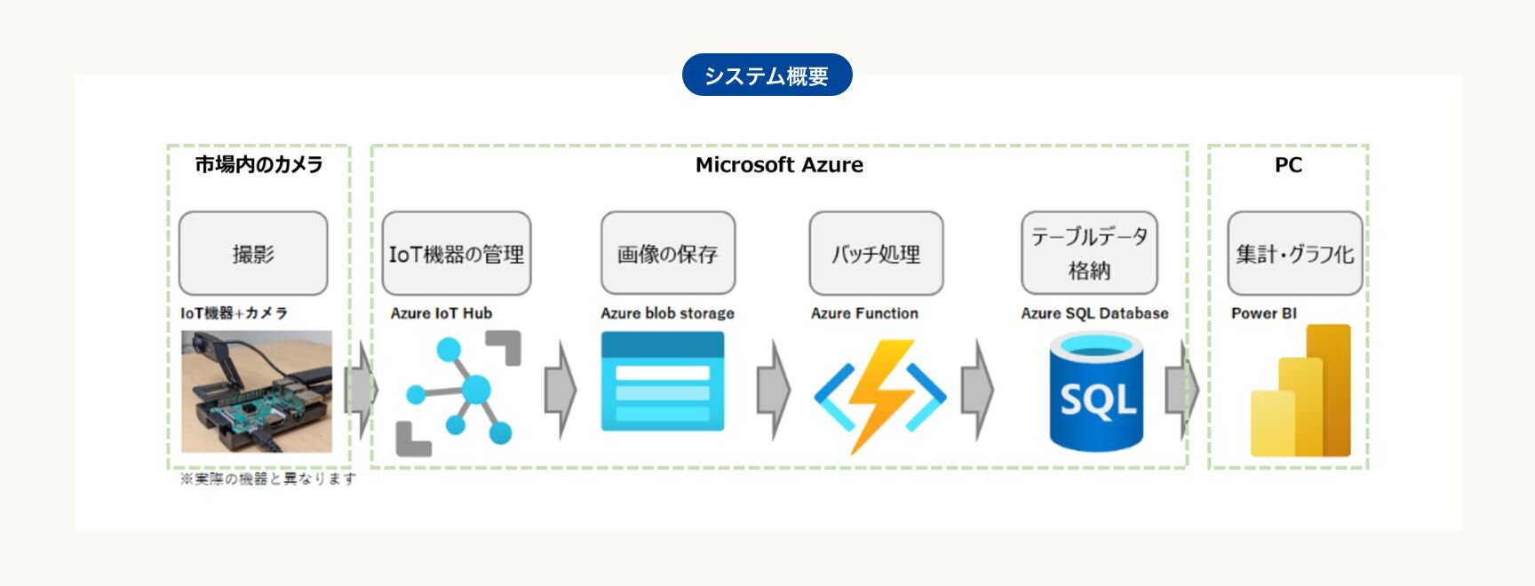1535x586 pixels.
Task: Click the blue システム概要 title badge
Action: coord(767,75)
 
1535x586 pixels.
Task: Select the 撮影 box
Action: coord(253,253)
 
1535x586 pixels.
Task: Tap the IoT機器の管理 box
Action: coord(457,253)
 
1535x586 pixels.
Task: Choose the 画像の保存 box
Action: coord(668,253)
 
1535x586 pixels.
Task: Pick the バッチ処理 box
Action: coord(876,253)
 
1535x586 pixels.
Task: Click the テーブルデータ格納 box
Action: coord(1089,253)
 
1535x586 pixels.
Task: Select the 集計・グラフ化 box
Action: coord(1295,253)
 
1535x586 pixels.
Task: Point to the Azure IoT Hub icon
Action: coord(458,392)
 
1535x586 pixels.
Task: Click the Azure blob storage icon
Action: coord(663,382)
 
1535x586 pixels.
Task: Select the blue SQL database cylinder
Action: coord(1096,392)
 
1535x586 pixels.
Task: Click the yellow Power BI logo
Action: coord(1300,391)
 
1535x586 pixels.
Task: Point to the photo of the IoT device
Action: coord(257,392)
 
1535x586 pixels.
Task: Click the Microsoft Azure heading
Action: coord(779,164)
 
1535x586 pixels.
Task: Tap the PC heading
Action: coord(1288,164)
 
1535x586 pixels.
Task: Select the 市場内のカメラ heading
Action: coord(258,164)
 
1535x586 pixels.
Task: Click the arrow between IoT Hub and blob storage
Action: coord(561,390)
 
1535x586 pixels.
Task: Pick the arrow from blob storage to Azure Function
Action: coord(773,390)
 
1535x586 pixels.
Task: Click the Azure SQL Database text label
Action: coord(1094,313)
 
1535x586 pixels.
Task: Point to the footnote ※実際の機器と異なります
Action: coord(268,479)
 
